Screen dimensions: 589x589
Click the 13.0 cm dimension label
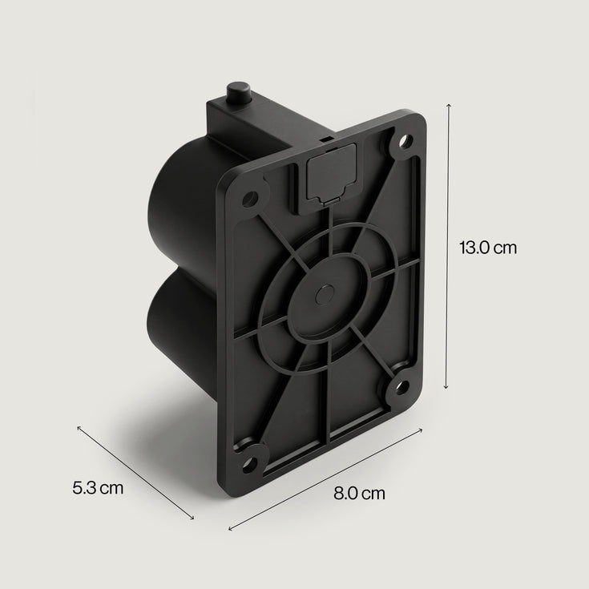487,248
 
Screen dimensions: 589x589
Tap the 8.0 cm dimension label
359,493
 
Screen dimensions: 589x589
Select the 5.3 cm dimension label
98,488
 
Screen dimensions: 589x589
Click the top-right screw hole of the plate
405,142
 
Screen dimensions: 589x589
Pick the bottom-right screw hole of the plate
402,387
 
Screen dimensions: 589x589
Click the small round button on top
239,94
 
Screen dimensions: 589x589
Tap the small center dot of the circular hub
324,294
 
